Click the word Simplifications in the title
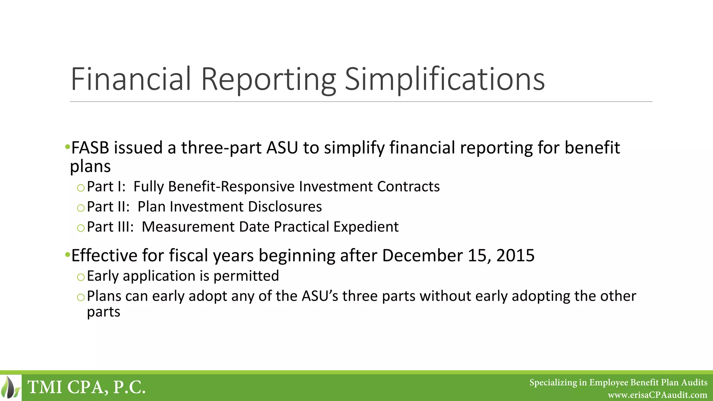coord(444,79)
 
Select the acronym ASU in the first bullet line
coord(282,148)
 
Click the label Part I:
coord(106,187)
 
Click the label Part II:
coord(108,207)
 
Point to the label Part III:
coord(110,227)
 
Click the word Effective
coord(104,255)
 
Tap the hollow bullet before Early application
coord(81,277)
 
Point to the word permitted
coord(246,276)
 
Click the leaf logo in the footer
coord(10,387)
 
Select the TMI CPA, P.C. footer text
coord(86,387)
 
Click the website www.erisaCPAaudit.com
coord(657,395)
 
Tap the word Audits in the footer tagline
coord(694,383)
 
